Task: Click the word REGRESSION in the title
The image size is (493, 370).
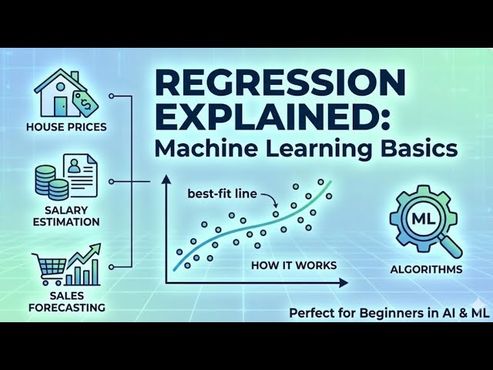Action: pos(280,82)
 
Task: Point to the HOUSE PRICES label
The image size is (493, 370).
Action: pos(66,127)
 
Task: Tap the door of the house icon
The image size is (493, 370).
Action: pos(60,106)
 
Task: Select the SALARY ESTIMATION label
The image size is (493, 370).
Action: pos(66,216)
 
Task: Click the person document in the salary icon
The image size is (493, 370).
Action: pos(80,175)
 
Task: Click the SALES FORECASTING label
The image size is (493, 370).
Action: pos(66,301)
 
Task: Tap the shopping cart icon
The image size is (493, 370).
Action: pos(49,269)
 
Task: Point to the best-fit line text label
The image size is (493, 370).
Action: pos(223,193)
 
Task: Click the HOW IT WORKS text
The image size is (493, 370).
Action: pos(294,265)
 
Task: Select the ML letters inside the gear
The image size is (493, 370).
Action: pos(421,219)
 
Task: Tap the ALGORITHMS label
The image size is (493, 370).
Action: pos(426,269)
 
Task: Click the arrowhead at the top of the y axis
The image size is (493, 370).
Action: pos(166,180)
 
